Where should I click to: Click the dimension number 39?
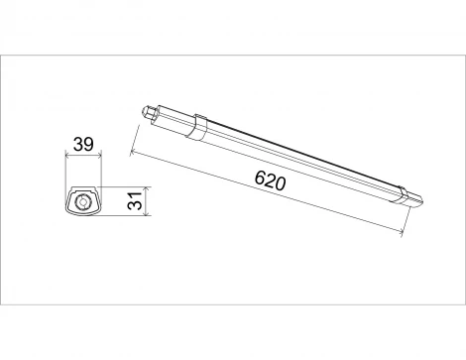click(84, 145)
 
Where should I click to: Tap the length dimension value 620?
click(270, 181)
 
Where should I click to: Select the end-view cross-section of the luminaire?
click(84, 200)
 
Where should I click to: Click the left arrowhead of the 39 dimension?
click(68, 156)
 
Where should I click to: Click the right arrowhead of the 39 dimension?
click(99, 156)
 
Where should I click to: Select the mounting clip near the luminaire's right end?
click(401, 192)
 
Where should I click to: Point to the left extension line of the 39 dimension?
click(65, 169)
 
